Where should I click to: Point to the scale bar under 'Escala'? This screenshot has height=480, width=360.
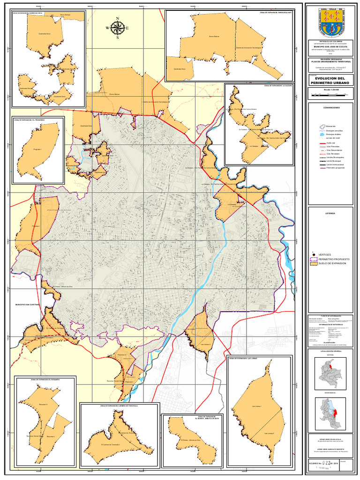[331, 95]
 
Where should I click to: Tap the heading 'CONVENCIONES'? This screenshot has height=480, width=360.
[331, 107]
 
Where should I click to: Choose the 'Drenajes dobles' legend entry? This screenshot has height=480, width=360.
[334, 134]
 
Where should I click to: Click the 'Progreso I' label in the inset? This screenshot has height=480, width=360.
[37, 149]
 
